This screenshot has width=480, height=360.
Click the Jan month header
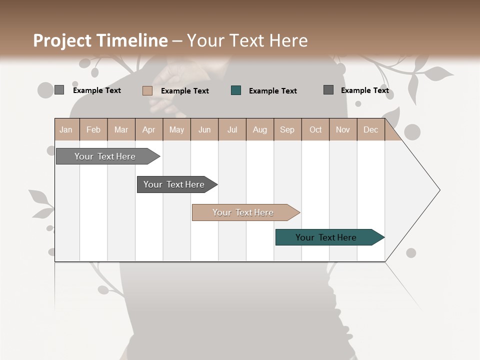pos(66,130)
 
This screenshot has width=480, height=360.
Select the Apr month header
pos(148,130)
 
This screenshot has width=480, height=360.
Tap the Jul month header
pos(232,130)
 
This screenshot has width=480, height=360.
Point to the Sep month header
pos(287,130)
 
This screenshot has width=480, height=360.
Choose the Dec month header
pos(370,130)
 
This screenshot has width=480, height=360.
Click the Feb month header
pos(93,130)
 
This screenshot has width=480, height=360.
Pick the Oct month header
pos(315,130)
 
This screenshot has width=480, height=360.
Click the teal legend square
pos(236,90)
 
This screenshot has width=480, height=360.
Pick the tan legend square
pos(147,90)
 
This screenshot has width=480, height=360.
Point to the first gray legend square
pos(59,90)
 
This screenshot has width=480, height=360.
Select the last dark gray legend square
pos(328,90)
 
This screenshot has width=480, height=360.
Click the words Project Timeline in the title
pos(100,40)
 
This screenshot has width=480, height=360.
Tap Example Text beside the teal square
pos(272,91)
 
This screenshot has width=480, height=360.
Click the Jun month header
pos(204,130)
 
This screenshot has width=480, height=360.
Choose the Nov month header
pos(343,130)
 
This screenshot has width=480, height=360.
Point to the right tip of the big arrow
pos(438,190)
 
